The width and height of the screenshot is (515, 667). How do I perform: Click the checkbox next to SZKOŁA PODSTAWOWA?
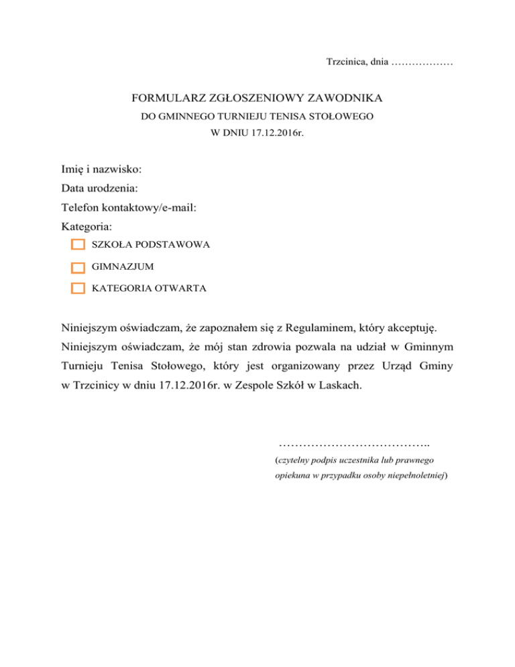coord(78,245)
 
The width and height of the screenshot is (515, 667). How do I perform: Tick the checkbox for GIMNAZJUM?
coord(78,267)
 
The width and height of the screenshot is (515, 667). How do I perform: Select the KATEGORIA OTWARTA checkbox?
coord(78,289)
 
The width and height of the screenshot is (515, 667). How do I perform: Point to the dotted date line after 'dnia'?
coord(422,63)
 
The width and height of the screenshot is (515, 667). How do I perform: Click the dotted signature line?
coord(353,445)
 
